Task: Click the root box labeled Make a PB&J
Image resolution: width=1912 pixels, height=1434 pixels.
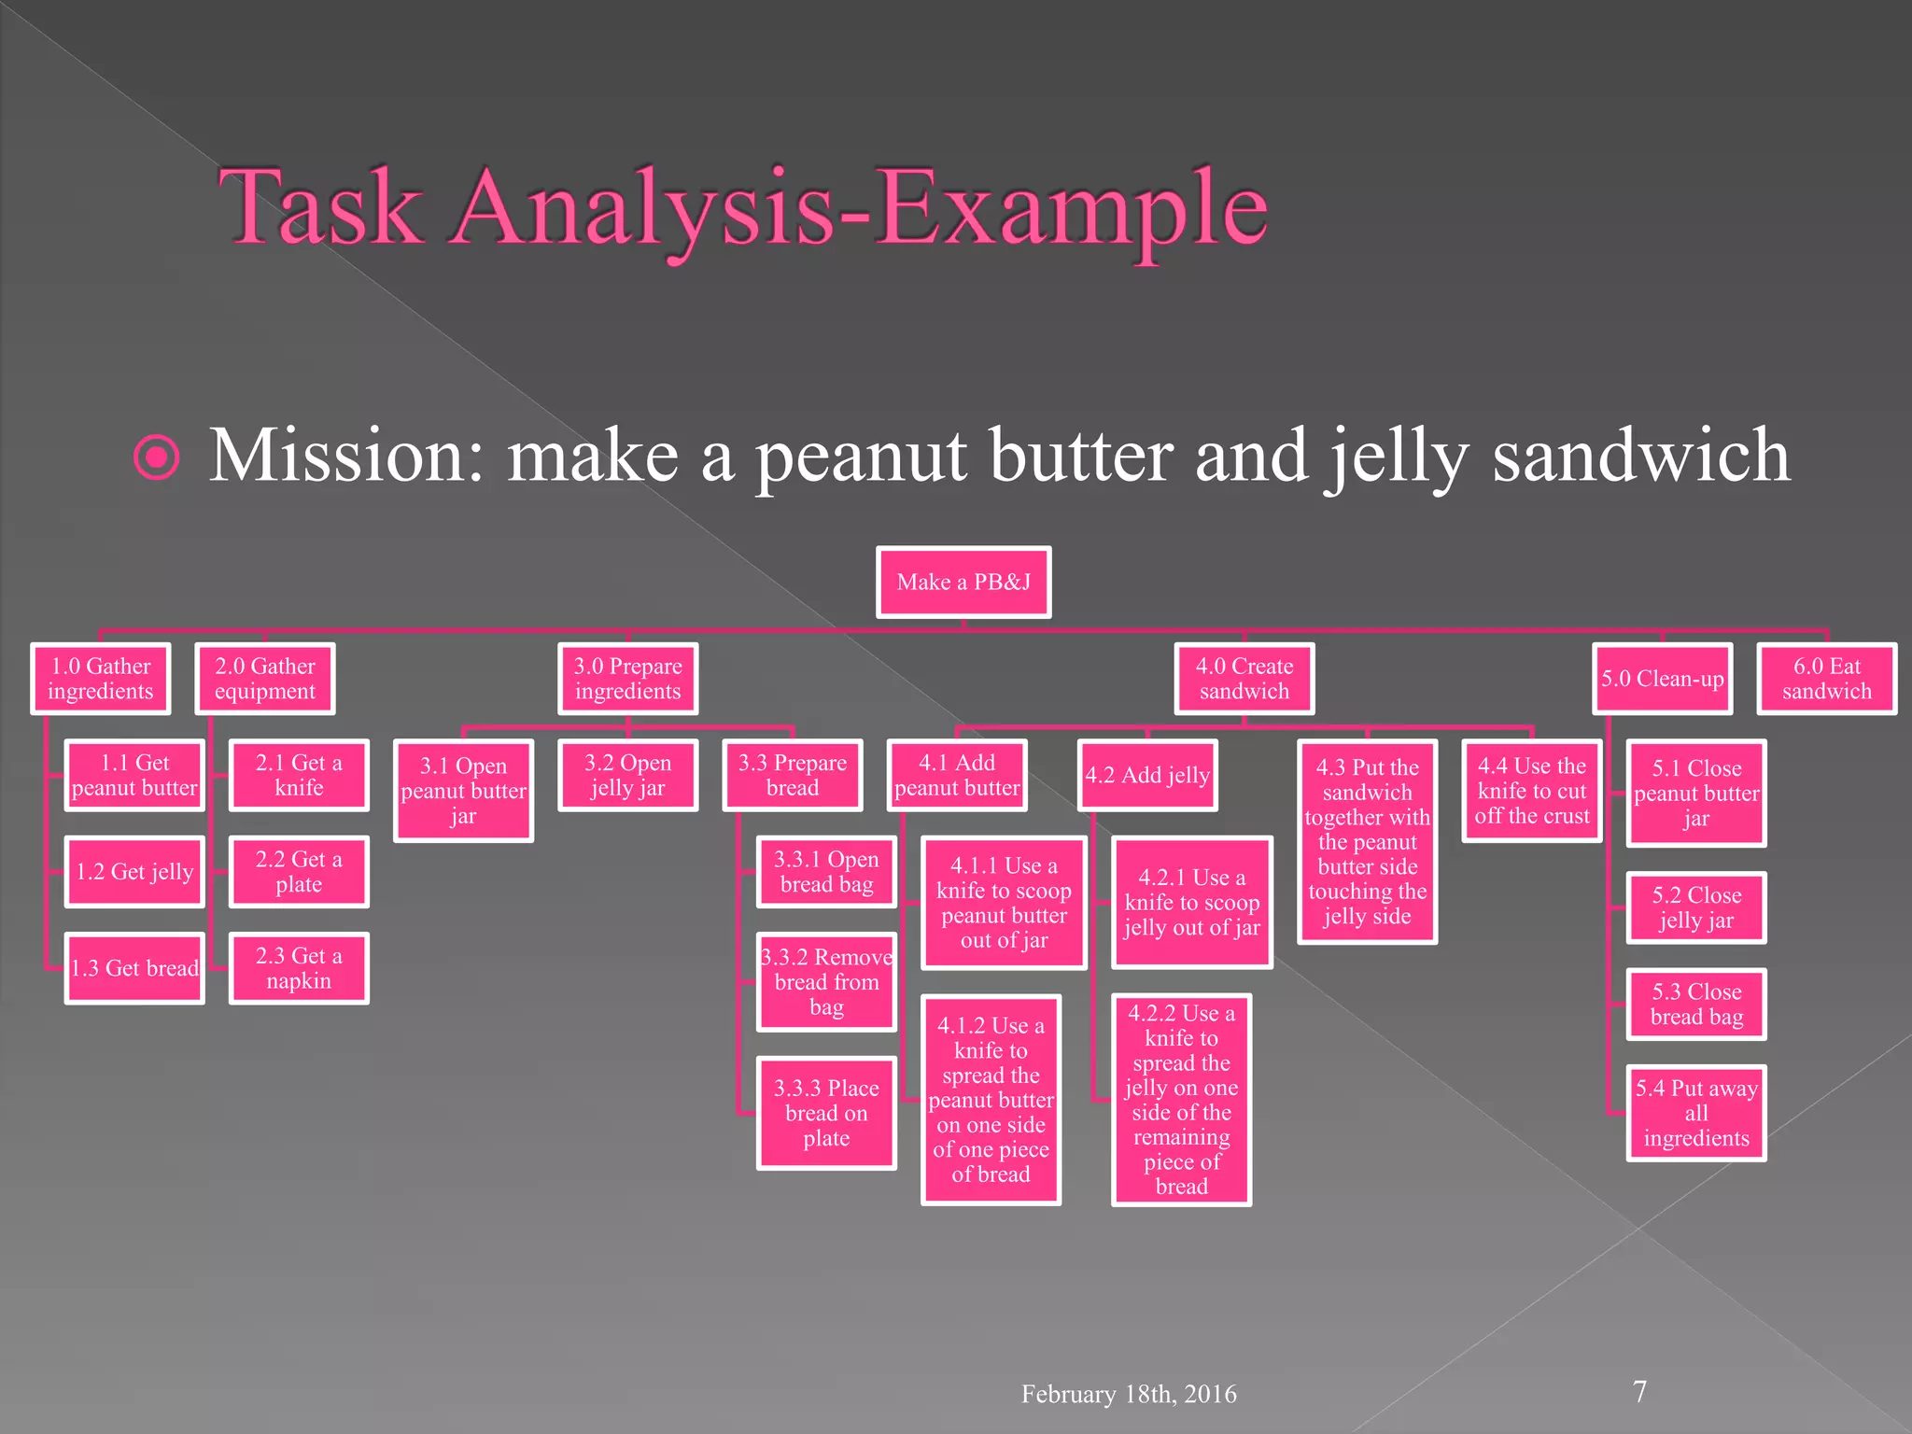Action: [x=963, y=583]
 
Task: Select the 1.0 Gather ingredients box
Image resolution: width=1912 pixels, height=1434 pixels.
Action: [x=101, y=679]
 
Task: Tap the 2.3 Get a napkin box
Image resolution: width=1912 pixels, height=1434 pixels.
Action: [x=299, y=968]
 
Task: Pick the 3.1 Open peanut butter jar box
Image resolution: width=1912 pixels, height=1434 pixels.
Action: [x=463, y=791]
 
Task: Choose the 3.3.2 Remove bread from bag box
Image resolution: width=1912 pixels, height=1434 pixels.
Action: [x=826, y=982]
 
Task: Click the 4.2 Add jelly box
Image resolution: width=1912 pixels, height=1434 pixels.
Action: [x=1147, y=775]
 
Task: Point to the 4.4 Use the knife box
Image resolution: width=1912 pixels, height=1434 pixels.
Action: [x=1531, y=791]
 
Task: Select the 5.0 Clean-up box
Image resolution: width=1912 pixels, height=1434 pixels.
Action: [x=1662, y=679]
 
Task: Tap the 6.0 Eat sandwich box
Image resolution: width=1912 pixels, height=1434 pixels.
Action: [x=1826, y=679]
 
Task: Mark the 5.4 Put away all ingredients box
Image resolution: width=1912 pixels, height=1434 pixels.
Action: [x=1696, y=1113]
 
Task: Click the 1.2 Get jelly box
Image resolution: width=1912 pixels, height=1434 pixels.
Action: [x=134, y=872]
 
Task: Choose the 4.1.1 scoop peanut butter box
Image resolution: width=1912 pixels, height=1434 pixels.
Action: [x=1004, y=903]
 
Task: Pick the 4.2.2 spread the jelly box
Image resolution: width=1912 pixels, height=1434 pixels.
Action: [x=1181, y=1100]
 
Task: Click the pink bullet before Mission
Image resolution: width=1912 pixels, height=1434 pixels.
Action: [x=157, y=457]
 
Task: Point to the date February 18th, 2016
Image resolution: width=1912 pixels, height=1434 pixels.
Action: [x=1129, y=1394]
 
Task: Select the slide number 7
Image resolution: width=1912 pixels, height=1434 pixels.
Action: [x=1639, y=1391]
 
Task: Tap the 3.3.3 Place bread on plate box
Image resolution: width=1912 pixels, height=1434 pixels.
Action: [x=826, y=1113]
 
